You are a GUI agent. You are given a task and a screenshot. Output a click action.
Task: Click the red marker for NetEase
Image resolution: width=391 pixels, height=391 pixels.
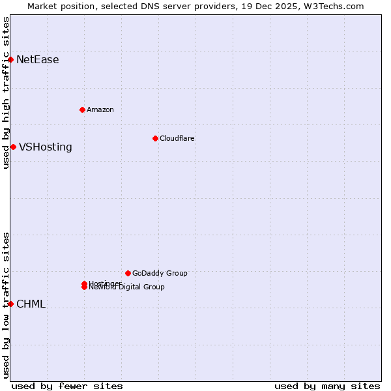pos(10,59)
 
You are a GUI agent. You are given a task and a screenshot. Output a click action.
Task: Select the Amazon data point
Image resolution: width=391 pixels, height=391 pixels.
pos(82,109)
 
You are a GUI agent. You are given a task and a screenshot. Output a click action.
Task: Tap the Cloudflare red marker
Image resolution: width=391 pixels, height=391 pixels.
pos(155,138)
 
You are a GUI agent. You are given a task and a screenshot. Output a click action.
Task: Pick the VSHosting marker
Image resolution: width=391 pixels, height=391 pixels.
pos(13,147)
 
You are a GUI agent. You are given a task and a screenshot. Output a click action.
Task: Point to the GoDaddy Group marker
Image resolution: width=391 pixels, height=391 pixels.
pos(128,273)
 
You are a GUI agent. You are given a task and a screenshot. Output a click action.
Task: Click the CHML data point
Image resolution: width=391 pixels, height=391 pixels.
pos(10,304)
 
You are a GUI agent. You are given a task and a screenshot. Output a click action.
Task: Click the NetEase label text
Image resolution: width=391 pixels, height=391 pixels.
pos(38,60)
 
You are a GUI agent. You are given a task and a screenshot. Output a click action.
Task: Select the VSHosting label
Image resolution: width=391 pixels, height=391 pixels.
pos(46,147)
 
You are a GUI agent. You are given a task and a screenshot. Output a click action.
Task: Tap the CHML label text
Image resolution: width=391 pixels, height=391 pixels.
pos(31,304)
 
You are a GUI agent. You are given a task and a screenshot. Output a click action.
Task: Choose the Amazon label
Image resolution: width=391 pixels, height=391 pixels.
pos(100,109)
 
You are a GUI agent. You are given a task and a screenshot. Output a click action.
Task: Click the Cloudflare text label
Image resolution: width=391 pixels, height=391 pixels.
pos(177,138)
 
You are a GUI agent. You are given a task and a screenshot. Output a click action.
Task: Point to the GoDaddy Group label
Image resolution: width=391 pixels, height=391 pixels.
pos(160,273)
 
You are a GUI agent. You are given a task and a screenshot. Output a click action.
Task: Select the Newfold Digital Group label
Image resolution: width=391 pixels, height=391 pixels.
pos(127,287)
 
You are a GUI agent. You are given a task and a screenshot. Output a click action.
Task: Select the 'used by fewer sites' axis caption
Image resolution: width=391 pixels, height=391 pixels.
pos(67,386)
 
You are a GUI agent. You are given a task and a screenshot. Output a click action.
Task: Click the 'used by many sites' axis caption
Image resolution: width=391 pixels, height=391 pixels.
pos(327,386)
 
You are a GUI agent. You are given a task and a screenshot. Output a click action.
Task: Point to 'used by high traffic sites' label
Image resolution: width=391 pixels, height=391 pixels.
pos(6,93)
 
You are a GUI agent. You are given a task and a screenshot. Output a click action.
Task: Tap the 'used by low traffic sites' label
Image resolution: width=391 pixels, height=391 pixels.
pos(6,305)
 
